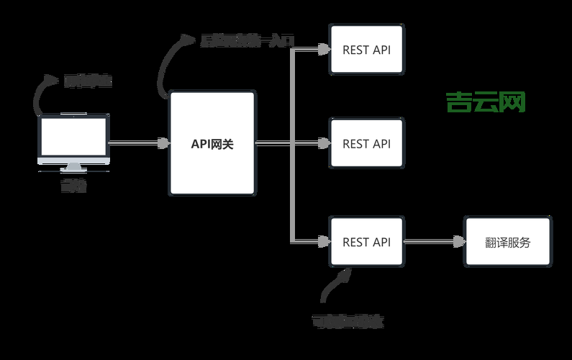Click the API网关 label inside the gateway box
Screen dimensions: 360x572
pos(212,144)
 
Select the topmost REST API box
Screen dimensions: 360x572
pos(366,50)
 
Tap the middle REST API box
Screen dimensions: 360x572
pos(366,143)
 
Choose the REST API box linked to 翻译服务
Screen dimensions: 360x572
pos(366,242)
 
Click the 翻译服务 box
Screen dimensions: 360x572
pos(507,242)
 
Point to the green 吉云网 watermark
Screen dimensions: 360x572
pos(486,102)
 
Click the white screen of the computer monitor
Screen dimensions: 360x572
pos(73,138)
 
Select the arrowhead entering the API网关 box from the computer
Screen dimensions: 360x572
pos(163,143)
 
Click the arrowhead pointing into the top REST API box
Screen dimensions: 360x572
pos(323,50)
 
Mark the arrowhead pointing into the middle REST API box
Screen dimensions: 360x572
pos(323,143)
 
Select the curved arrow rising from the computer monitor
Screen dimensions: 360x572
pos(42,94)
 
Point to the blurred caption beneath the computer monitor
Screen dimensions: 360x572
pos(73,186)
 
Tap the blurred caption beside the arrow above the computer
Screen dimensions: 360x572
pos(88,81)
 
